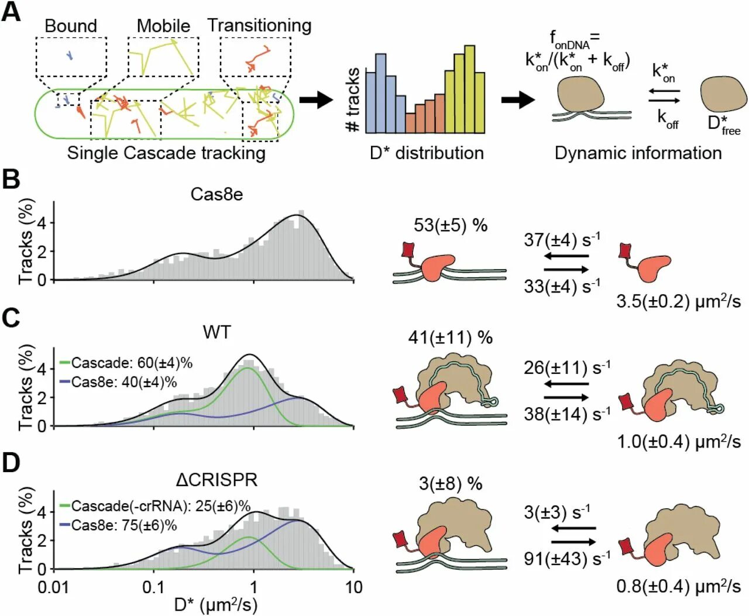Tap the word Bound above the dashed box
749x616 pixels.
point(71,26)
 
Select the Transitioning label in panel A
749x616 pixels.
point(259,26)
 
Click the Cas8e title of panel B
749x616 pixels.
point(217,194)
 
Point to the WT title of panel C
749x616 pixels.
point(217,332)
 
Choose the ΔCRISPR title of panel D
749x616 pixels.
point(217,480)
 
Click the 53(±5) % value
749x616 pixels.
point(451,225)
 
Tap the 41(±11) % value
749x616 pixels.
point(451,338)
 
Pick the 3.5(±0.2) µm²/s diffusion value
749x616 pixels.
point(678,301)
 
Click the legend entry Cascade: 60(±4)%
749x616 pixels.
point(132,363)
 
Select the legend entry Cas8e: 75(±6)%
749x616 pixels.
point(124,525)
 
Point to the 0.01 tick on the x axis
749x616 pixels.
point(53,587)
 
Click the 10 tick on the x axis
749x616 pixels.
point(353,587)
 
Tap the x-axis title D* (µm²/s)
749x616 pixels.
point(216,604)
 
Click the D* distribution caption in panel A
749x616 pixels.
point(427,153)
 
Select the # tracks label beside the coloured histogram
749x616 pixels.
point(352,99)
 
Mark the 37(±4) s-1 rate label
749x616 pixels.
point(562,240)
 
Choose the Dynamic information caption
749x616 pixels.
point(638,153)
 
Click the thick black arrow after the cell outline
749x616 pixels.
point(316,100)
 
